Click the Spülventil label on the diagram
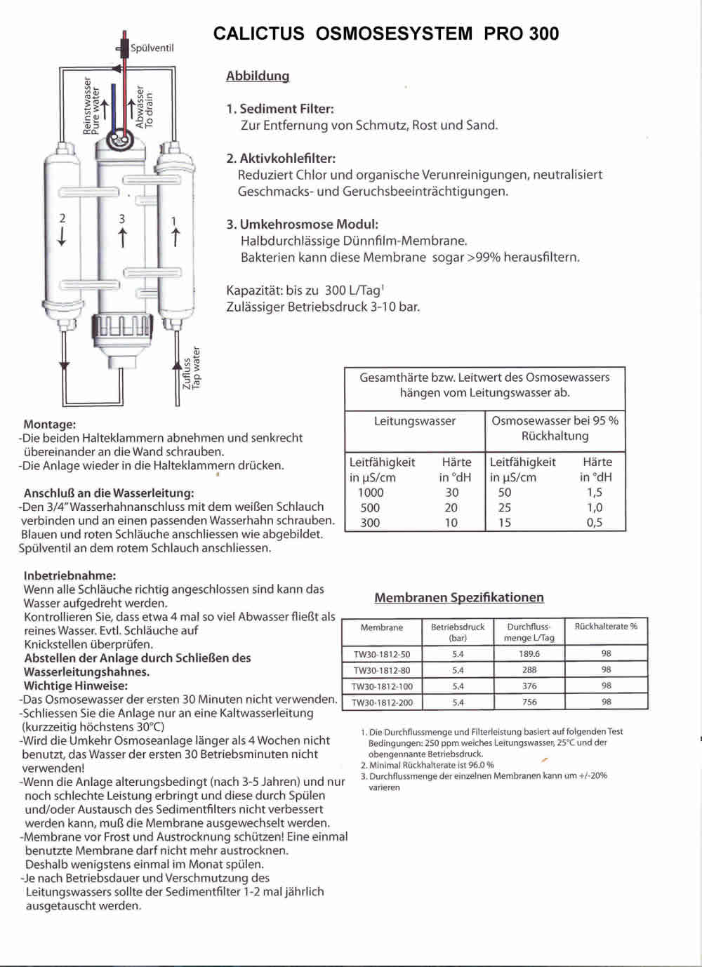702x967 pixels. [x=152, y=48]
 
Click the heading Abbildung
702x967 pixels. [x=258, y=76]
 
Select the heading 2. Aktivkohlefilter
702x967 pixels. [x=281, y=158]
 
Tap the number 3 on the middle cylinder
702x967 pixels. [x=122, y=219]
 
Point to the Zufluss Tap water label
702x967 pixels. [x=192, y=368]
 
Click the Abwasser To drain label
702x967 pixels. [x=145, y=107]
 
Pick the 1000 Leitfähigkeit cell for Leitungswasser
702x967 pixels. [x=371, y=493]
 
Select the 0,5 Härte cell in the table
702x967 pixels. [x=594, y=522]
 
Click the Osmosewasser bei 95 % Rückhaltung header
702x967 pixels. [x=555, y=428]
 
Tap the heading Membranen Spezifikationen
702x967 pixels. [x=459, y=597]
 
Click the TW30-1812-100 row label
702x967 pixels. [x=382, y=686]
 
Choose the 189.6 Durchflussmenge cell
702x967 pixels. [x=529, y=654]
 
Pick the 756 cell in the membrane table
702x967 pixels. [x=529, y=702]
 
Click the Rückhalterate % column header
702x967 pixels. [x=606, y=627]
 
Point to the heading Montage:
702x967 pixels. [x=49, y=424]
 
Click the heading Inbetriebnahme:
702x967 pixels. [x=69, y=575]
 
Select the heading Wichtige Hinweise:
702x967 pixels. [x=76, y=686]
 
